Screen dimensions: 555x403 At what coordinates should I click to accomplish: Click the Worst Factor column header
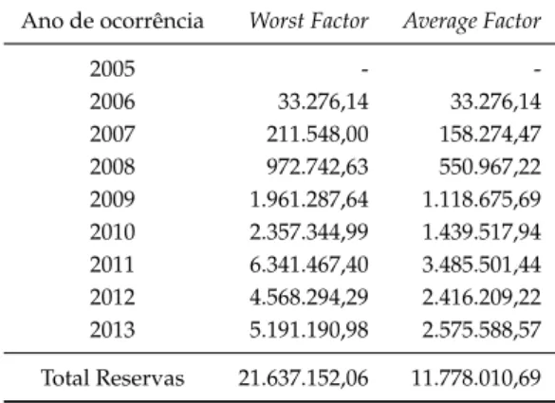pos(309,21)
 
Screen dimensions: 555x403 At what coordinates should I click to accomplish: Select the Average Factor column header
pos(472,22)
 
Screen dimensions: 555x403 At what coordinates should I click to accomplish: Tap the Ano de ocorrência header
pos(113,21)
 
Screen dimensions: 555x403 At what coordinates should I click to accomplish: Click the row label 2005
pos(113,68)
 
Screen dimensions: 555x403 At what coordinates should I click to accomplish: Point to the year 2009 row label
pos(113,199)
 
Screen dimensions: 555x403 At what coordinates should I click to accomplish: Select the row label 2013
pos(113,330)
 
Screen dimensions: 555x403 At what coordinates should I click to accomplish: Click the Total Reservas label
pos(113,378)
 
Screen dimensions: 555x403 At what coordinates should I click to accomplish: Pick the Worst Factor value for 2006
pos(324,101)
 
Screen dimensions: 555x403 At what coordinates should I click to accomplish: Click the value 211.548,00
pos(318,135)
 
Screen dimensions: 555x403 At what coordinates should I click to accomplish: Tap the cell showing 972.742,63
pos(318,167)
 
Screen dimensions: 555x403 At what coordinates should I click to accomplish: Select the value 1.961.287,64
pos(309,199)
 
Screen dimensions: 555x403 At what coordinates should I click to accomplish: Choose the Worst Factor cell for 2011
pos(309,265)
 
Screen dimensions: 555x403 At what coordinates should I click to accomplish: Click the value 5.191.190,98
pos(309,330)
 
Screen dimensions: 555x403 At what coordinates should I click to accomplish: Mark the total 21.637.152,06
pos(304,378)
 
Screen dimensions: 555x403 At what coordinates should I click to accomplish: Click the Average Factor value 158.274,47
pos(490,135)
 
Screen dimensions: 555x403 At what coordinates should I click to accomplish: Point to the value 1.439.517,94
pos(482,232)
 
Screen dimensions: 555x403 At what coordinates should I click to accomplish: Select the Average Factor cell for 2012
pos(482,298)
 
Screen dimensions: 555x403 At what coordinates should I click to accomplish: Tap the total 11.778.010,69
pos(476,378)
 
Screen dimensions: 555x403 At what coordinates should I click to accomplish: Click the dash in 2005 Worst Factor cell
pos(364,70)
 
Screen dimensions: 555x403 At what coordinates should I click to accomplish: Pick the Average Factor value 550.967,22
pos(490,167)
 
